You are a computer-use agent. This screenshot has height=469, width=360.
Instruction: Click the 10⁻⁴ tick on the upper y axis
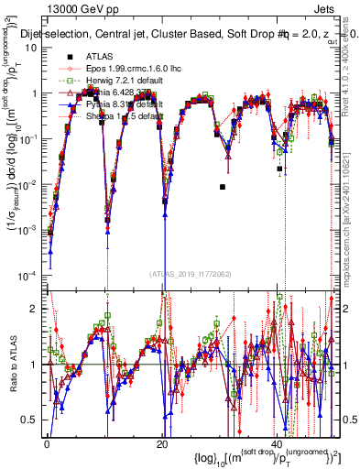point(33,274)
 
